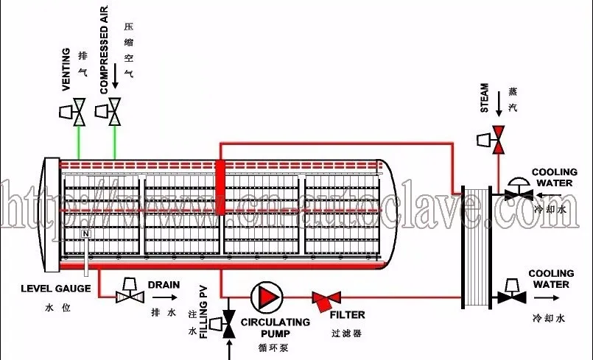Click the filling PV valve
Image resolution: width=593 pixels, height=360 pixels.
coord(228,325)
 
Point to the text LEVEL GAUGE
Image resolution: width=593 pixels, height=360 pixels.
coord(56,289)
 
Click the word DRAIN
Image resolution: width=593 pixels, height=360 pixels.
coord(164,284)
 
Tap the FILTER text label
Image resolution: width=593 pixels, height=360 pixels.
coord(347,315)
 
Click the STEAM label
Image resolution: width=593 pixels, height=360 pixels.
coord(485,97)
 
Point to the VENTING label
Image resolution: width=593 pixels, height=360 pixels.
coord(66,70)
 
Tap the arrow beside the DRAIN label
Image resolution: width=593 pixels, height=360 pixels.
coord(169,297)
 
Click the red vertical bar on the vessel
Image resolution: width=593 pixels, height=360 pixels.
coord(220,177)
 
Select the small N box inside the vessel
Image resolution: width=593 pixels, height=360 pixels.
coord(86,234)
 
